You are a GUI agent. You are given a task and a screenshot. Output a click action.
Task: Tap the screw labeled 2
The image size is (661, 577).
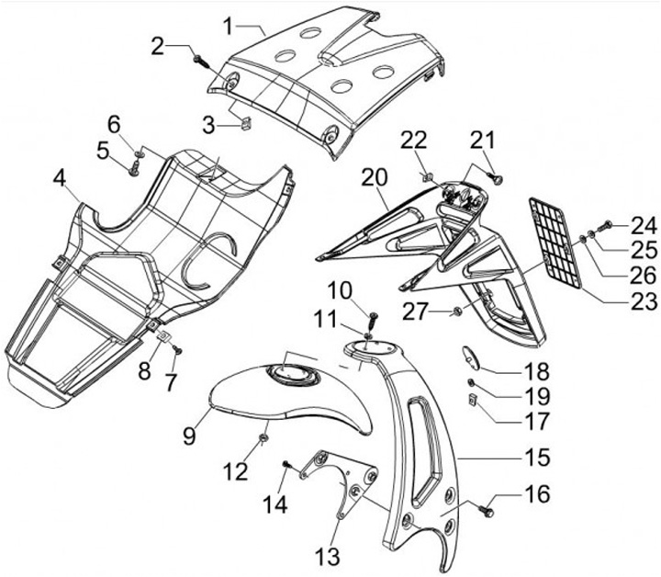coord(200,61)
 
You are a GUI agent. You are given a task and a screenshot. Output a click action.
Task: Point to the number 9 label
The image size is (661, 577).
coord(188,434)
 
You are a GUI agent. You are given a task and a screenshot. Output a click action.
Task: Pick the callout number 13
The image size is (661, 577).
coord(328,556)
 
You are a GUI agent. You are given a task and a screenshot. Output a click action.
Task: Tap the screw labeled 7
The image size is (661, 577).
coord(178,350)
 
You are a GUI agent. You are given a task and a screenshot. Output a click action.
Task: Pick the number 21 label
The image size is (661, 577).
coord(482,140)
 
